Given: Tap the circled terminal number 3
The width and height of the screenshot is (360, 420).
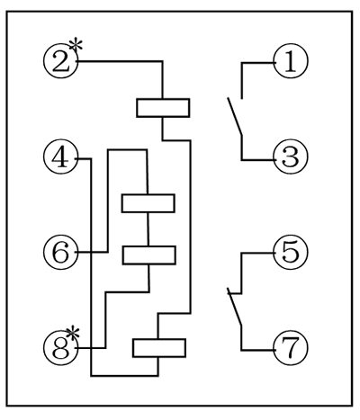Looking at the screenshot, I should coord(290,157).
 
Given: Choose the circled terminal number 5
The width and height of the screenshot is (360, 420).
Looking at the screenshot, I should coord(290,253).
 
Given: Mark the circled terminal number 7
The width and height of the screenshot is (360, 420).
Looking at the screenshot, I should coord(290,347).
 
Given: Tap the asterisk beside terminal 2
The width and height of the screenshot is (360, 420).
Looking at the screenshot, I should coord(79,45).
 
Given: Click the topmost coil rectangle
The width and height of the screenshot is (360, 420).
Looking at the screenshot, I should coord(163,108).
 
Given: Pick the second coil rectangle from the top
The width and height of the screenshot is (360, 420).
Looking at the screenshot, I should coord(148,202).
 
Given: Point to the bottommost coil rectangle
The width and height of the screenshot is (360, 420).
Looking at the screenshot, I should coord(159,347).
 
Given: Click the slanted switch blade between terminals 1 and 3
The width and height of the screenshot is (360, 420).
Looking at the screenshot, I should coord(235,119).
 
